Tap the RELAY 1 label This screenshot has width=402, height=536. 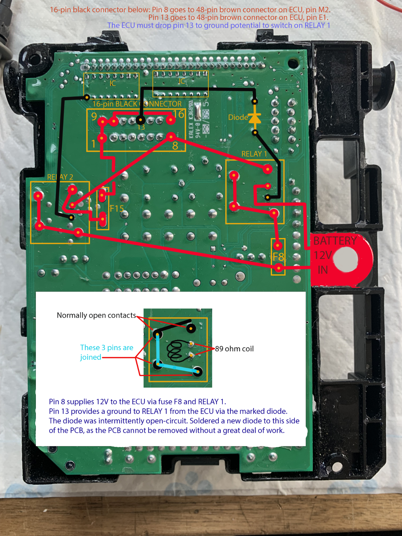[254, 154]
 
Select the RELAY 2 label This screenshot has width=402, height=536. [60, 177]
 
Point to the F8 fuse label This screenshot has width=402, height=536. [278, 256]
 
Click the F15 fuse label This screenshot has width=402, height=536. [117, 208]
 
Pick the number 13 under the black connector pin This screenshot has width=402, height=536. [141, 127]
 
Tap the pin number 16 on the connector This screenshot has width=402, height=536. [179, 114]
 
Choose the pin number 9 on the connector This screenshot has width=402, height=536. [94, 117]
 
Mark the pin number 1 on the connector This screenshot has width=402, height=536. [93, 144]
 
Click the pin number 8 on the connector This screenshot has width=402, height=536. [175, 146]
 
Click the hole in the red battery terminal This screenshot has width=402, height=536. [346, 259]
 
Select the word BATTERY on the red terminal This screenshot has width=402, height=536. [335, 241]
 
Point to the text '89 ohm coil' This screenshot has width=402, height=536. [234, 349]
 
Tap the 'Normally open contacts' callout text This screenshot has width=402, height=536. [96, 315]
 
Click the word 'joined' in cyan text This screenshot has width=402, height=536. [90, 357]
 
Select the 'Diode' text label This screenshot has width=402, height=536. [238, 118]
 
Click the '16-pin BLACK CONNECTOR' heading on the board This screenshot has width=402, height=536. [137, 104]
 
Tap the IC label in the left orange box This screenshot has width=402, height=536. [113, 83]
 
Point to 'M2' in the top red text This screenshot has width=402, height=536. [324, 10]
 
